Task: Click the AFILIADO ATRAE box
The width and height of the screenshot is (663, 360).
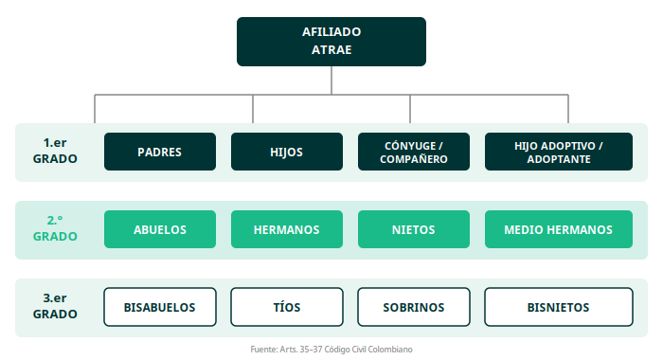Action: (x=331, y=42)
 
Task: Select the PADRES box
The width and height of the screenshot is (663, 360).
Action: (x=160, y=152)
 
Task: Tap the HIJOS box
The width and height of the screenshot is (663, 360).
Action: (x=287, y=152)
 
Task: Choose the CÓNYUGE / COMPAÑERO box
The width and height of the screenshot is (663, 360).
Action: (x=414, y=152)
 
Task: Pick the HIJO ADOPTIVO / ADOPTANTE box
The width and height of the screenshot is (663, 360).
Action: (x=559, y=152)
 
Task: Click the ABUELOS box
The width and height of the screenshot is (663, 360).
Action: (x=160, y=229)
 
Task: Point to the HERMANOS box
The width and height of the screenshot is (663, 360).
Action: (x=287, y=229)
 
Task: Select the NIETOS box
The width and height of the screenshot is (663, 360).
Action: (x=414, y=229)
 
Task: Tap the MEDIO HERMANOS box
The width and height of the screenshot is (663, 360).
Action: (x=559, y=229)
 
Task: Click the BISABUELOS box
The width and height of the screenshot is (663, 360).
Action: (x=160, y=307)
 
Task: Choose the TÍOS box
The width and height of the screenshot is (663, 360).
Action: (x=287, y=307)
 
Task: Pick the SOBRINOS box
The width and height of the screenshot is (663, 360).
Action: (x=414, y=307)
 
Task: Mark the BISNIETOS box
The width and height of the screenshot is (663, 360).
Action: (x=559, y=307)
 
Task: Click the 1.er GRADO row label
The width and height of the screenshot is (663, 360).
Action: (x=55, y=151)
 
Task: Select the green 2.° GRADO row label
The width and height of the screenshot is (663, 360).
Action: (x=55, y=228)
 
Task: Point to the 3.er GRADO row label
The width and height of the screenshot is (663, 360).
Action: (x=55, y=306)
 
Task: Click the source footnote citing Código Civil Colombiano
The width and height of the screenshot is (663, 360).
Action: (x=331, y=350)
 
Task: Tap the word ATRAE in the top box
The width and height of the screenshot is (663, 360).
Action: (x=331, y=50)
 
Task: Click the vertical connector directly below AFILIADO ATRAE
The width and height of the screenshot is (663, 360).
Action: (x=331, y=80)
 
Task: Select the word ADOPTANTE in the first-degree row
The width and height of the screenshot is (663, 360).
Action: (x=559, y=159)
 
